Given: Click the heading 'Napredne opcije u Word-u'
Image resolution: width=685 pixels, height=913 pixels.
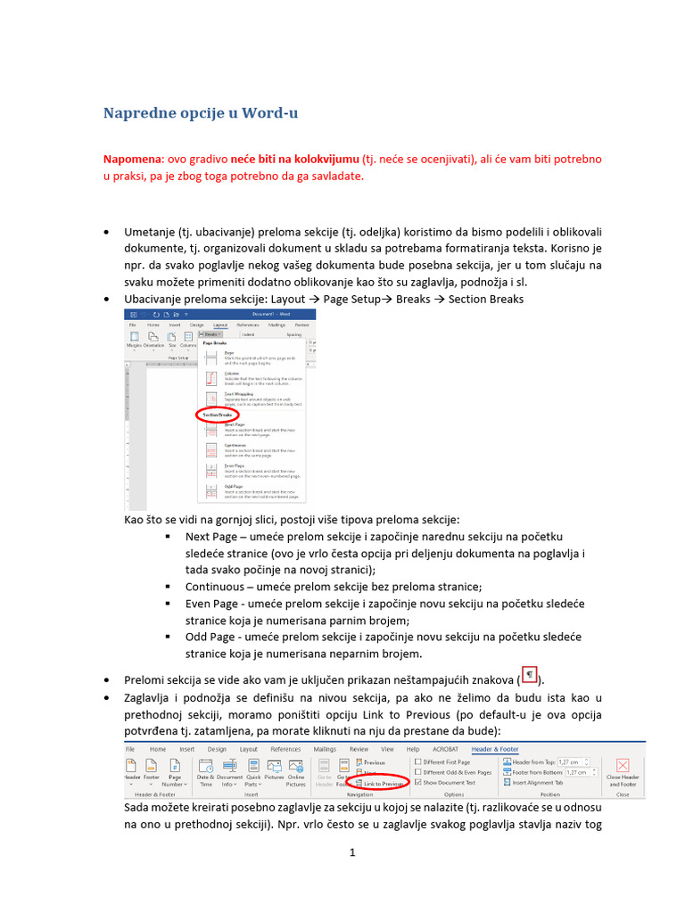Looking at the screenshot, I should pyautogui.click(x=200, y=113).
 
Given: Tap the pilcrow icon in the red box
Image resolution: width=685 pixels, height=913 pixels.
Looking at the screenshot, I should pyautogui.click(x=528, y=675).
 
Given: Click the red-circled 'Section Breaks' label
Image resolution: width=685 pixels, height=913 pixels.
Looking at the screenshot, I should pyautogui.click(x=217, y=415).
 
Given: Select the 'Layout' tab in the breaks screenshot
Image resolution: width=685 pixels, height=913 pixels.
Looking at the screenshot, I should pyautogui.click(x=219, y=325).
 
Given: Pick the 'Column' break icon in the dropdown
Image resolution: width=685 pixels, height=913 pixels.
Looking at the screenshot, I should pyautogui.click(x=211, y=377).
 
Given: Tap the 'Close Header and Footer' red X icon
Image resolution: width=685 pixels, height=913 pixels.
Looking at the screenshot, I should pyautogui.click(x=622, y=766).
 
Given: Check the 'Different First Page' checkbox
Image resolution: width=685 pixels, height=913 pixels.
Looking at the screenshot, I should pyautogui.click(x=418, y=761).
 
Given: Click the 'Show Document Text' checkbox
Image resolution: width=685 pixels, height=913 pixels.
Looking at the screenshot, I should pyautogui.click(x=418, y=782).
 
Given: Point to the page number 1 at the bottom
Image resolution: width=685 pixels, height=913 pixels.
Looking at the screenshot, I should pyautogui.click(x=352, y=853).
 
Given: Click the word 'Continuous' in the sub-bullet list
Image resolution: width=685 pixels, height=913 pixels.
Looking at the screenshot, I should pyautogui.click(x=214, y=587).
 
